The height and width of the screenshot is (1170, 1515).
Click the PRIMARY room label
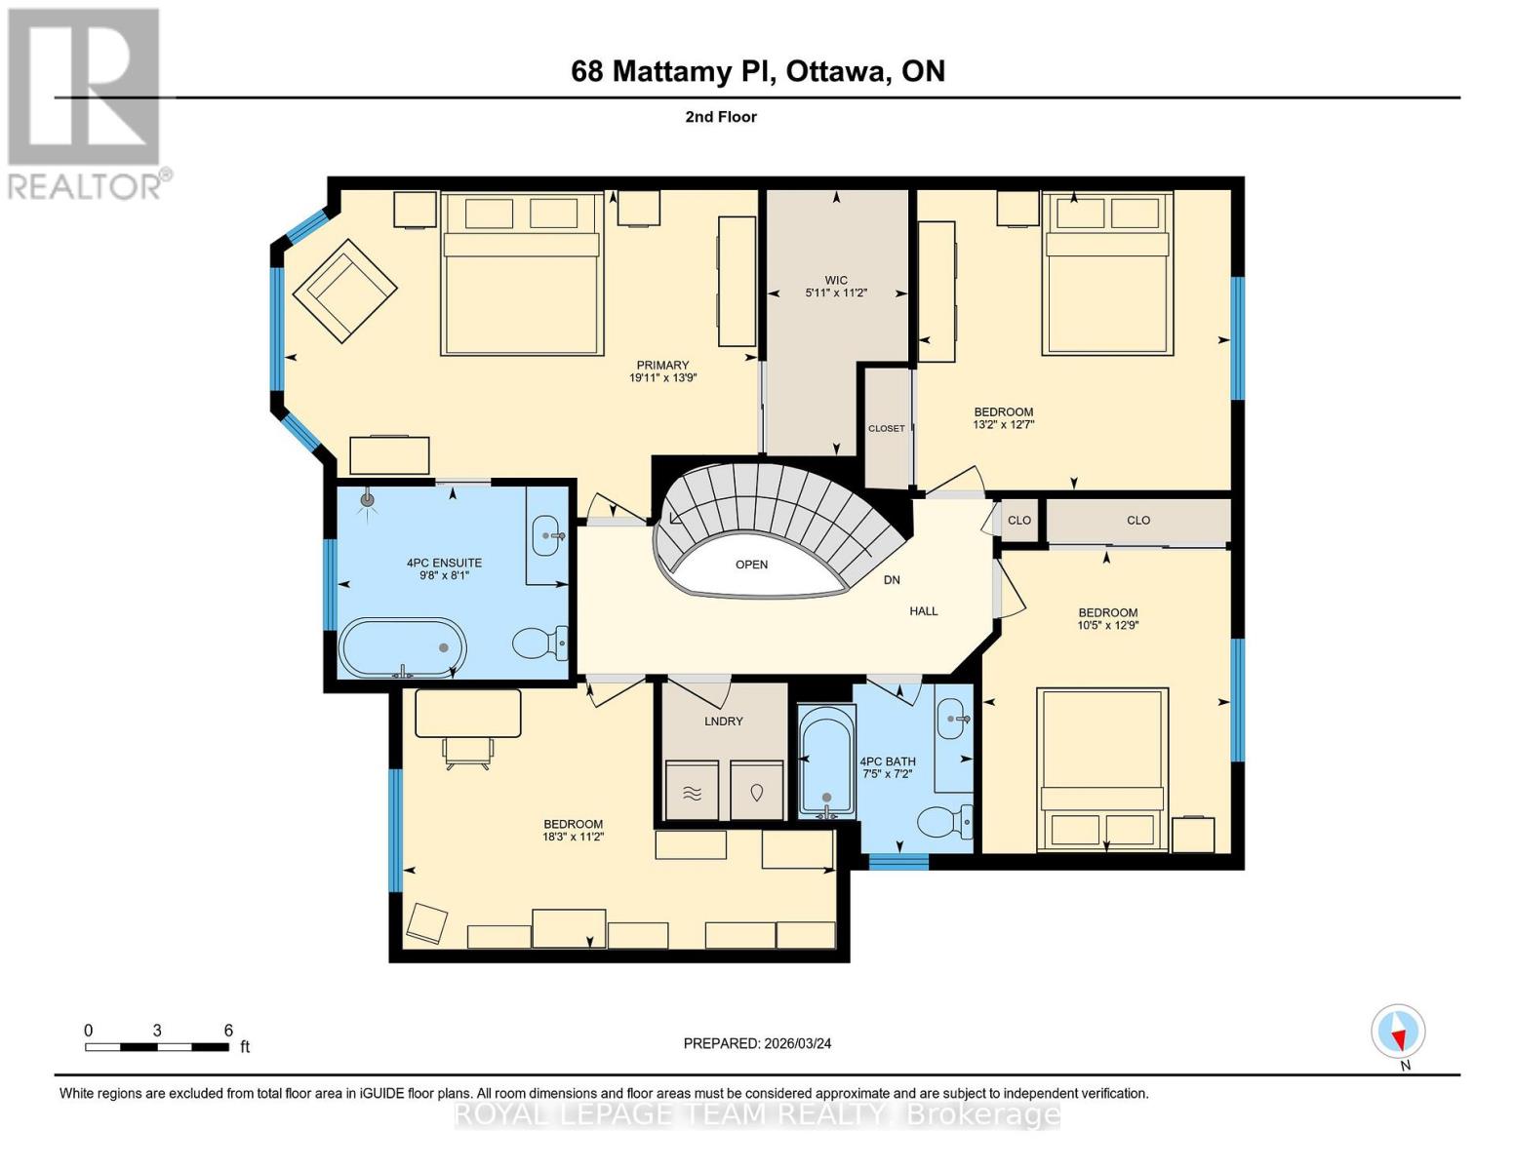coord(662,366)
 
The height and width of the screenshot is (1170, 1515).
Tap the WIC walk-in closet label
coord(835,280)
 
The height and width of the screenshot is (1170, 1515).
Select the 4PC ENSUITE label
coord(444,563)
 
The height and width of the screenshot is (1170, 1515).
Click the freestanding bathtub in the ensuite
coord(402,646)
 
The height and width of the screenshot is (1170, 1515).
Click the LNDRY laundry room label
coord(723,721)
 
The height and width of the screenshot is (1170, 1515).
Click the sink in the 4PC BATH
coord(953,721)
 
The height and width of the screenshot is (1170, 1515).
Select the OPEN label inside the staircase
coord(751,565)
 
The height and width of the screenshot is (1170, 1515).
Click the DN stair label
coord(892,580)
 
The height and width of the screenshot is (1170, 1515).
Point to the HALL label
coord(923,611)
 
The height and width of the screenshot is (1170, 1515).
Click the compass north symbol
coord(1398,1032)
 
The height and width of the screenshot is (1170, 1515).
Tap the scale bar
coord(157,1047)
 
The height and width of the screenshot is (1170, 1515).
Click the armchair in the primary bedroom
coord(345,291)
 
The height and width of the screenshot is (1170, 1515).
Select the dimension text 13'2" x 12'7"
coord(1003,424)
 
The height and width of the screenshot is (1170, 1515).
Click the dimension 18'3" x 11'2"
coord(574,837)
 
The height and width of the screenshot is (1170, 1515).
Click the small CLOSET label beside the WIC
coord(887,428)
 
